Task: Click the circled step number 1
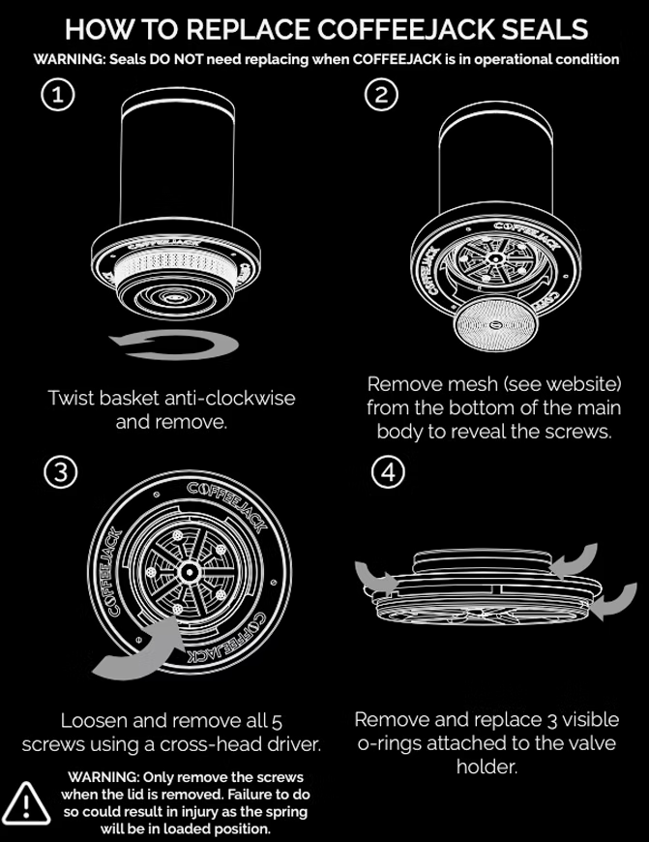click(57, 95)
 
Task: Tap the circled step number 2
click(381, 95)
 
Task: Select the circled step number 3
click(61, 472)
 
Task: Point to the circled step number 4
click(388, 472)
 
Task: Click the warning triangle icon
click(26, 804)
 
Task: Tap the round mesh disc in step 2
click(495, 324)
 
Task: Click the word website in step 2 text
click(579, 384)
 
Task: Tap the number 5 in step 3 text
click(277, 722)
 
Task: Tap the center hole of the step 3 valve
click(189, 572)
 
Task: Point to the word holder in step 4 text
click(487, 767)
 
